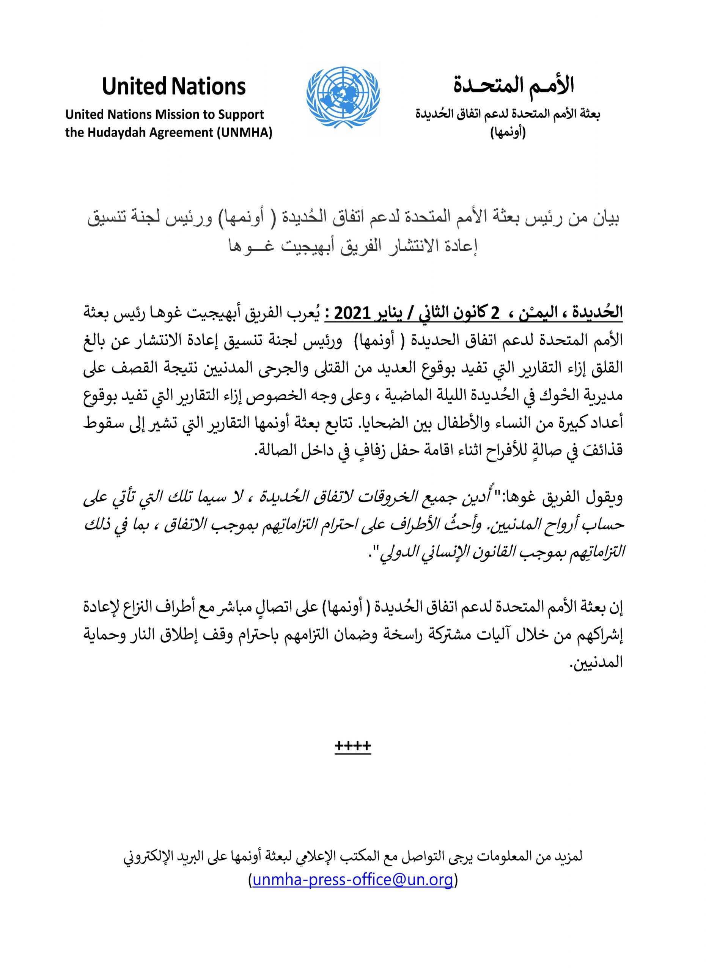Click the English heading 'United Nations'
[173, 86]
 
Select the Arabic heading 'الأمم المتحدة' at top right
[513, 86]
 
